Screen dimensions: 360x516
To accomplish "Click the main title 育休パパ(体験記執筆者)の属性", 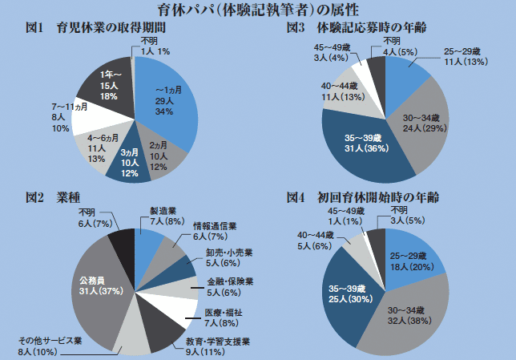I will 258,11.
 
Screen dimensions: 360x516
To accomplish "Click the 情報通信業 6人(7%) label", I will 211,232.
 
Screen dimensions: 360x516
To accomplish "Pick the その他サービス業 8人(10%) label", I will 50,344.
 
